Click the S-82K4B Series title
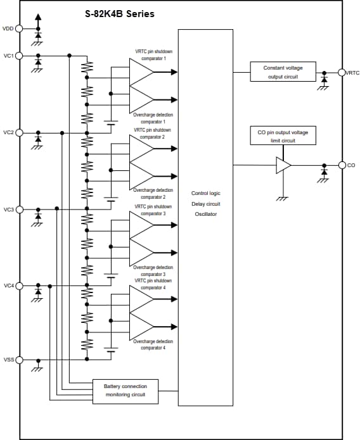click(x=119, y=14)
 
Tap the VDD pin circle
click(x=19, y=28)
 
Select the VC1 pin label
click(x=8, y=56)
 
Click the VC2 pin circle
click(x=19, y=133)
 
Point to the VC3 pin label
click(x=8, y=210)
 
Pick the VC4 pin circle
click(x=19, y=286)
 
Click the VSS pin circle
click(x=19, y=360)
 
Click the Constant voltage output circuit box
click(x=282, y=72)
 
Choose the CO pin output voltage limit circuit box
click(x=283, y=136)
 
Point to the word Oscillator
click(x=205, y=215)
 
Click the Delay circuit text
click(x=205, y=204)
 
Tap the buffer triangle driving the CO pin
click(x=283, y=165)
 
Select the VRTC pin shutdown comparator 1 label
click(x=152, y=54)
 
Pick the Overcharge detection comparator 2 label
click(x=152, y=194)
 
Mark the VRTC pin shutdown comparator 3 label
click(x=152, y=210)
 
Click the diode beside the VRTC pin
click(x=325, y=79)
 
